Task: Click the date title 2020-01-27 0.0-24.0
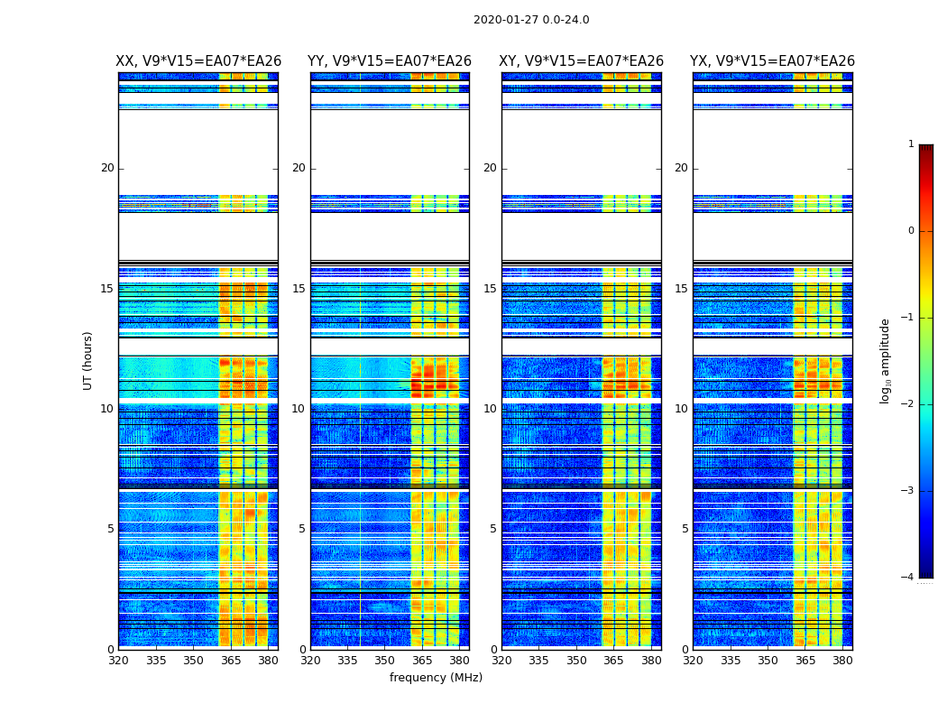click(531, 20)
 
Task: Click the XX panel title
click(198, 61)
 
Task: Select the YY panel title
click(390, 61)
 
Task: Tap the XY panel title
click(582, 61)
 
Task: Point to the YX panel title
click(772, 61)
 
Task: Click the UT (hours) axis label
click(88, 360)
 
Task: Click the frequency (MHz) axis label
click(436, 678)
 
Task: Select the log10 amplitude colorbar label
click(886, 360)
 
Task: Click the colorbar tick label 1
click(910, 144)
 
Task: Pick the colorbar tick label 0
click(910, 231)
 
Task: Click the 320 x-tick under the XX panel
click(118, 661)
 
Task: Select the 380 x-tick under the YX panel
click(842, 661)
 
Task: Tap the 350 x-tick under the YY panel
click(385, 661)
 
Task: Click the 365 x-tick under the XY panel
click(614, 661)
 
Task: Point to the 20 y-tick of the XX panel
click(107, 168)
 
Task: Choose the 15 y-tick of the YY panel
click(299, 289)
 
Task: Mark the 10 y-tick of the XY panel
click(490, 409)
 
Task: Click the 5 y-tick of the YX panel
click(685, 529)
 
